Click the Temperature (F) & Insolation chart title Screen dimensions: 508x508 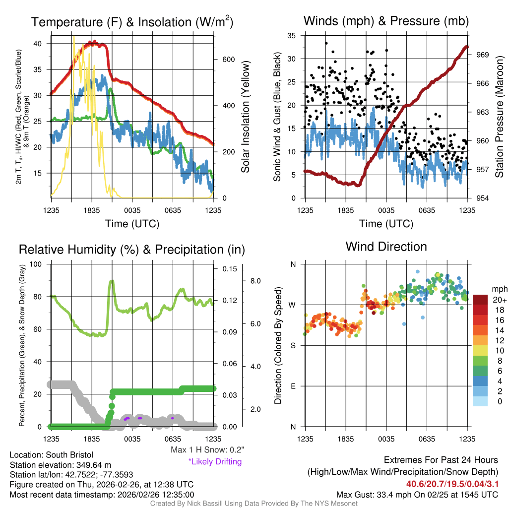(x=132, y=22)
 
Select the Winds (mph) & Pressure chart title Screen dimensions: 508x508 (x=386, y=21)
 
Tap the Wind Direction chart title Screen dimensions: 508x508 (x=386, y=247)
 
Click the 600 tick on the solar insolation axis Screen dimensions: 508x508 (x=228, y=60)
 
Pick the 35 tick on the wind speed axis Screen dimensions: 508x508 (x=292, y=35)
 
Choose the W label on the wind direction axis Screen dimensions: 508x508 (x=293, y=305)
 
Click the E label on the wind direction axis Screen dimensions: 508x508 (x=293, y=386)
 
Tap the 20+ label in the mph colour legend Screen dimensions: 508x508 (x=499, y=300)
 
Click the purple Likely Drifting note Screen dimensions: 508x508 (x=215, y=461)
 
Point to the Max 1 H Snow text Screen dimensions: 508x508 (x=207, y=449)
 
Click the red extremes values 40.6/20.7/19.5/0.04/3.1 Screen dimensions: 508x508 (x=452, y=484)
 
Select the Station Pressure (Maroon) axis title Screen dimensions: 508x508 (x=499, y=117)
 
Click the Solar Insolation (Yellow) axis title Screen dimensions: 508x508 (x=245, y=117)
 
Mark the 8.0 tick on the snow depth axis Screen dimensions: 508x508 (x=255, y=281)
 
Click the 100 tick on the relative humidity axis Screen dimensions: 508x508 (x=41, y=264)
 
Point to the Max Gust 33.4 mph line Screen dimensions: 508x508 (x=417, y=494)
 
